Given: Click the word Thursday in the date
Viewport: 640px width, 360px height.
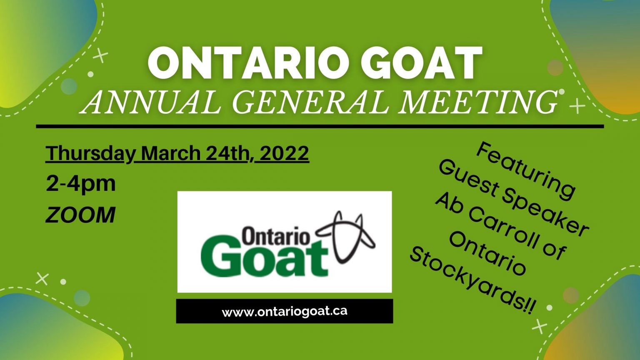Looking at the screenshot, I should click(90, 153).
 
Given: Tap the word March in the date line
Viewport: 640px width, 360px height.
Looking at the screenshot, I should click(171, 153).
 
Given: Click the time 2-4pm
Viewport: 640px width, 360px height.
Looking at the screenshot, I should click(81, 184).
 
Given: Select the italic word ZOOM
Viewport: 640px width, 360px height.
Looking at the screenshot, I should click(80, 215).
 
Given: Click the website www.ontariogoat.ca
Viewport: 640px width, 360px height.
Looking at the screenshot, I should click(285, 311).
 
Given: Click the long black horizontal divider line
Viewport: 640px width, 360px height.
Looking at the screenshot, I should click(320, 126).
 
